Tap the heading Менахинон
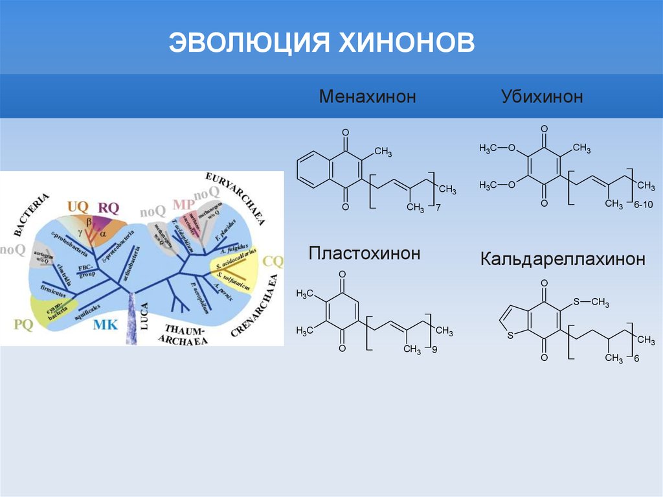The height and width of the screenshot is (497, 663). (366, 97)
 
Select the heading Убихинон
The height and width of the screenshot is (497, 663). (541, 97)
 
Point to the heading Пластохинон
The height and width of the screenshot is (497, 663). (365, 253)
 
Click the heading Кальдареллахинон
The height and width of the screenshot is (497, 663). (562, 260)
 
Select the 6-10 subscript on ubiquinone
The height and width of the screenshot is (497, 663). (644, 205)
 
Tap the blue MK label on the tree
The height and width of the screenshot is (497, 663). (106, 325)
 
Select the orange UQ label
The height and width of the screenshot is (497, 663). (78, 207)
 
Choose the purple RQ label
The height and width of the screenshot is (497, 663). (108, 207)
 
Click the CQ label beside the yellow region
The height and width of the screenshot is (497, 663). (274, 261)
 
